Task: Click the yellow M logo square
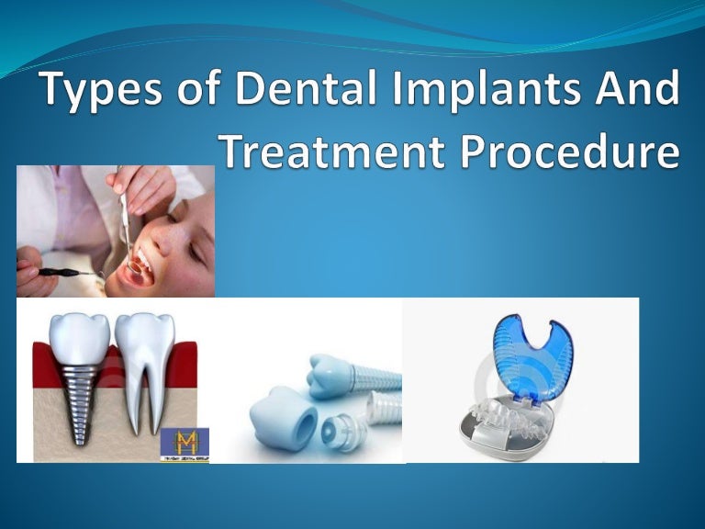coord(185,444)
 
